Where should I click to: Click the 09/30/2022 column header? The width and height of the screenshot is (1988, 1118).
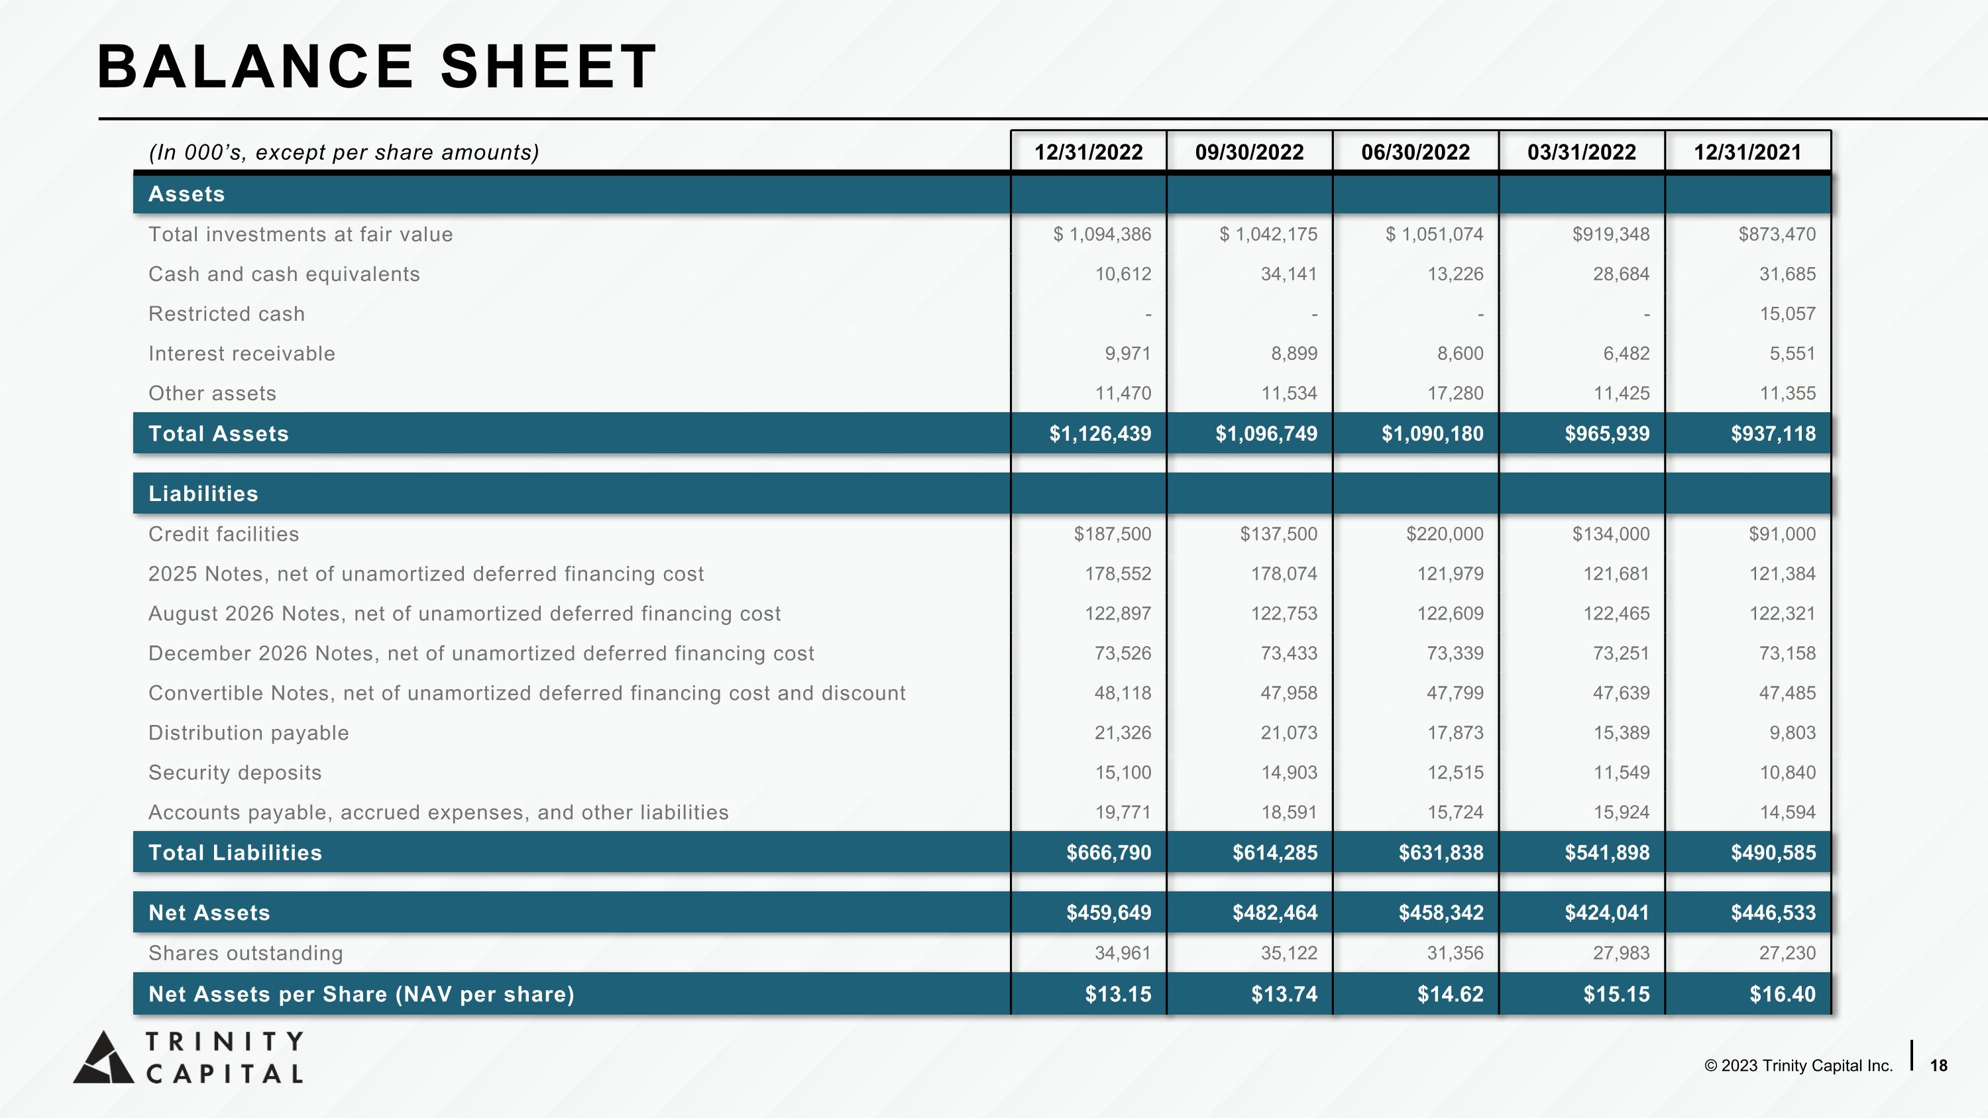point(1249,152)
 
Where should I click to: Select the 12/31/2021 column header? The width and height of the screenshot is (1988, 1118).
point(1747,152)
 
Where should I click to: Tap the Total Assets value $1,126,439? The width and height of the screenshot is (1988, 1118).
point(1100,433)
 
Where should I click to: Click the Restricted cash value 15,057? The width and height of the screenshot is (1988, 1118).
point(1787,314)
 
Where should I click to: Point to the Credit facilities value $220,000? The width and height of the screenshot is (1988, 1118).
point(1445,534)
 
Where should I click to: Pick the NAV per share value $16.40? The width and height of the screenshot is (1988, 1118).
point(1783,994)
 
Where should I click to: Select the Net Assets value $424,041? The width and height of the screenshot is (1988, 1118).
point(1607,913)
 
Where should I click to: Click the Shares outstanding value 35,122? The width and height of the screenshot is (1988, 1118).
point(1289,954)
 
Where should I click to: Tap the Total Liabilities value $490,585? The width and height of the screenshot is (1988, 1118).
point(1773,852)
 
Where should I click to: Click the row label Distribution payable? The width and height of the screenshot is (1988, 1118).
point(248,733)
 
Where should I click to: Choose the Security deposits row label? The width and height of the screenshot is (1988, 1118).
point(235,772)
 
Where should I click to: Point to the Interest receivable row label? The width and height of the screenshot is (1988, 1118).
point(242,353)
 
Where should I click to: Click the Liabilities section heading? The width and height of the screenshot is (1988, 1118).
point(203,494)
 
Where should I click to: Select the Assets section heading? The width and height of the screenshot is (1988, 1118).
point(186,194)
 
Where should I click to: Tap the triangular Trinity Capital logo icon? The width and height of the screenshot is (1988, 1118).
point(103,1057)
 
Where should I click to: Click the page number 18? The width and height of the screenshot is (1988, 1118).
point(1938,1066)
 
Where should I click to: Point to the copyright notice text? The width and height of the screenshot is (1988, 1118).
point(1798,1066)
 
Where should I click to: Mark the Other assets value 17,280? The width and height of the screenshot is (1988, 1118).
point(1455,394)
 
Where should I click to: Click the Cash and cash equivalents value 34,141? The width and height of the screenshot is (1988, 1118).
point(1289,274)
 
